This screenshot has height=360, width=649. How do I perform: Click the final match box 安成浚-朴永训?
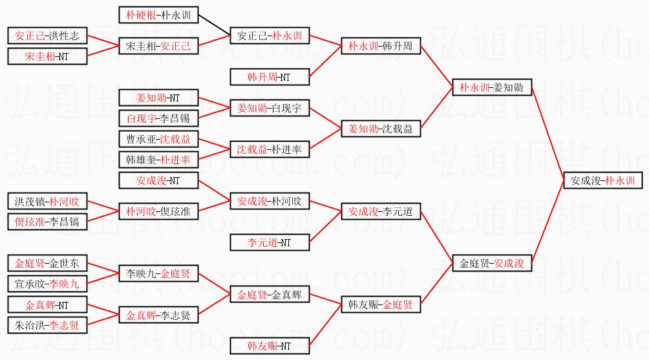pos(603,181)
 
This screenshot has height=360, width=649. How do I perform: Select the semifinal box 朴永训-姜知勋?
pos(491,87)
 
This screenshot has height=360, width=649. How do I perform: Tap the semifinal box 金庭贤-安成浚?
pos(491,263)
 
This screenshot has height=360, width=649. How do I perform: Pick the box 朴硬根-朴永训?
pos(159,14)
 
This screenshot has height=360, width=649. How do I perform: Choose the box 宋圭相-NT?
pos(47,56)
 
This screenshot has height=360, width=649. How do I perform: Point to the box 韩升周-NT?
pos(269,77)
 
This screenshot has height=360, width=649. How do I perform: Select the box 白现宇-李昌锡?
pos(159,118)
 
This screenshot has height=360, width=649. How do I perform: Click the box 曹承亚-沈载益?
pos(159,139)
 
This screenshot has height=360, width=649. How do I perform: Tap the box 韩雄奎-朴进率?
pos(159,159)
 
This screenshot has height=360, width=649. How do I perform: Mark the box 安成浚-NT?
pos(159,180)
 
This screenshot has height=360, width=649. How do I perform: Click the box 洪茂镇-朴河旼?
pos(47,201)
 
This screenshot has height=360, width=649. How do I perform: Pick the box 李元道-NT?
pos(269,242)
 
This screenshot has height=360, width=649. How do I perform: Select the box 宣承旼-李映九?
pos(47,284)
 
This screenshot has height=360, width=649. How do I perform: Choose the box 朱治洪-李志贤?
pos(47,325)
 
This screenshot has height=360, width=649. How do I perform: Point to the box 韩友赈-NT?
pos(269,346)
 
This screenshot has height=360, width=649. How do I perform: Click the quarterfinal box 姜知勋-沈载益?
pos(380,129)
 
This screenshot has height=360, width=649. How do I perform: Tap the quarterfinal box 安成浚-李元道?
pos(380,211)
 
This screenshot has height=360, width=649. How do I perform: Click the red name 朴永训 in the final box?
pos(620,181)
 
